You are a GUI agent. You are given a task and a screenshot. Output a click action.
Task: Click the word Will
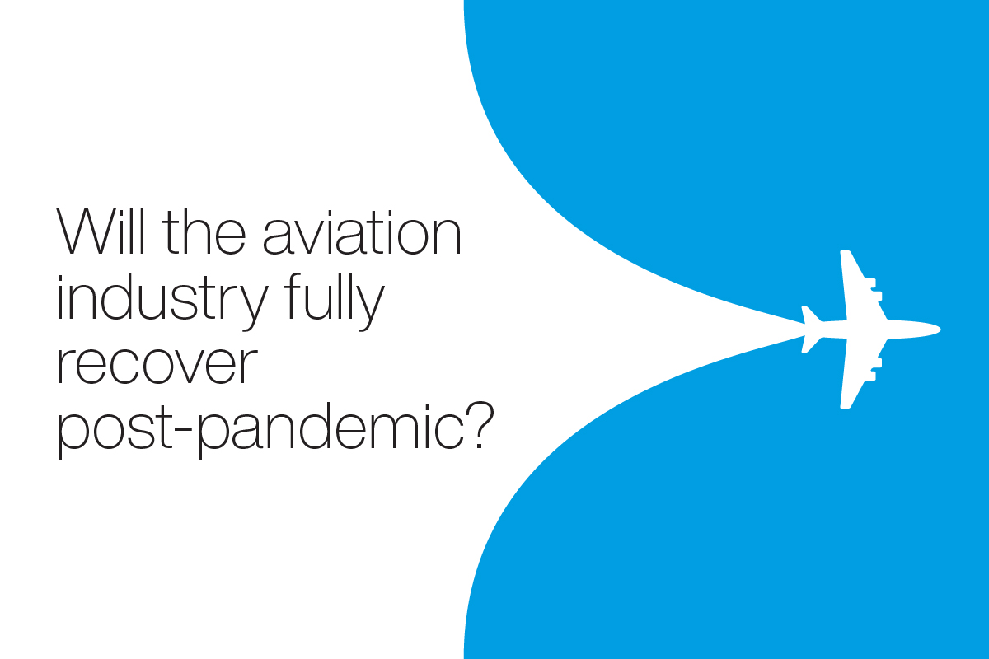click(101, 231)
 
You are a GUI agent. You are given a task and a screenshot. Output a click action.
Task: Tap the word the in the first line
click(204, 231)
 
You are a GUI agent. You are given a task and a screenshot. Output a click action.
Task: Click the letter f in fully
click(293, 297)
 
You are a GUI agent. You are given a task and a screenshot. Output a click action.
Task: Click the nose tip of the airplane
click(940, 329)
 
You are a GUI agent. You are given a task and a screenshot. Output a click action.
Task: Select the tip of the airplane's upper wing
click(845, 251)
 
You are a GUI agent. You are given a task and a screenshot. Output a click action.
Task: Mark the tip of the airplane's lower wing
click(845, 407)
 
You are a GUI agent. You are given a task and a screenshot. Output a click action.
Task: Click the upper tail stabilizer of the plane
click(811, 315)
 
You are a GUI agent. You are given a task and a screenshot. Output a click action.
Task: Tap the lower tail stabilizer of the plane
click(811, 344)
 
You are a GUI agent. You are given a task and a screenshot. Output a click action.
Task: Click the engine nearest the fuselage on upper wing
click(876, 297)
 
